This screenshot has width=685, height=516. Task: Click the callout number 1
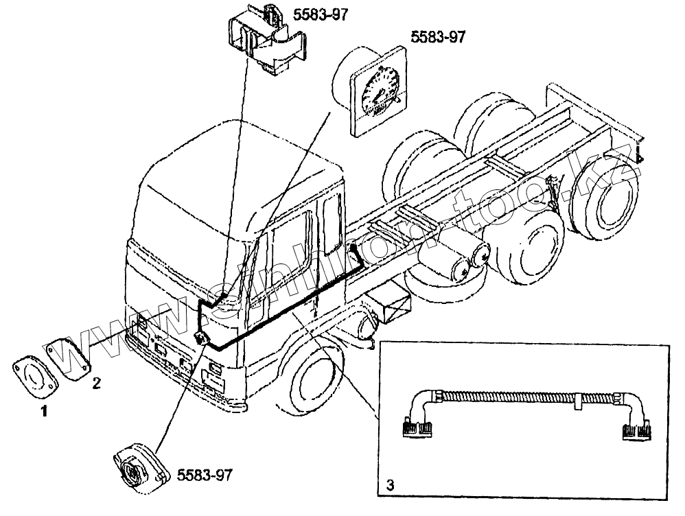click(44, 412)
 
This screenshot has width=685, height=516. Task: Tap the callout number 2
click(97, 383)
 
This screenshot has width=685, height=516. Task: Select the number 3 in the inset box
click(390, 486)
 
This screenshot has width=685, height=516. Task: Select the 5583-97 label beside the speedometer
click(437, 37)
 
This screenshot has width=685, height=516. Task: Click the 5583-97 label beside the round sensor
click(205, 475)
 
